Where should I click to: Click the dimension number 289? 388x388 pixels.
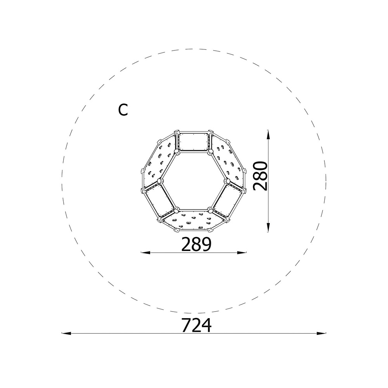tap(196, 244)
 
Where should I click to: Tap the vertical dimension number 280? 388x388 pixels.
tap(260, 176)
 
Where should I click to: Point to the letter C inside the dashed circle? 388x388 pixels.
tap(123, 110)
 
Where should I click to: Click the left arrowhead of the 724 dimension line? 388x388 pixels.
tap(66, 333)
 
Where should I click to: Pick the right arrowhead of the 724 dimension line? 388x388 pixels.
tap(321, 333)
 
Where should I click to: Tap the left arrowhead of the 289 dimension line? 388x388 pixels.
tap(145, 253)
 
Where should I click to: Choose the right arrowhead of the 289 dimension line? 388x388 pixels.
tap(242, 253)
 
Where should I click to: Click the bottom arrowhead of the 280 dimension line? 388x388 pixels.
tap(268, 227)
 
